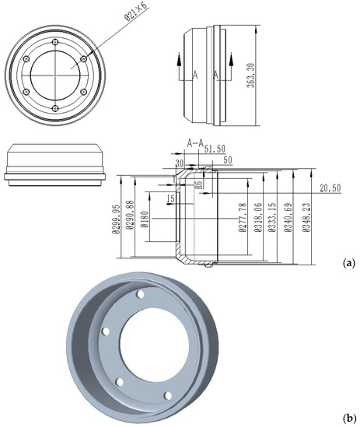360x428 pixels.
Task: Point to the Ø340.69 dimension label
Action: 292,218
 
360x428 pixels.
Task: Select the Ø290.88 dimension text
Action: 130,218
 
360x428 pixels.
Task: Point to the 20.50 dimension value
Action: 330,187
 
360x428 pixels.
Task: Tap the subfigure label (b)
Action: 348,417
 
